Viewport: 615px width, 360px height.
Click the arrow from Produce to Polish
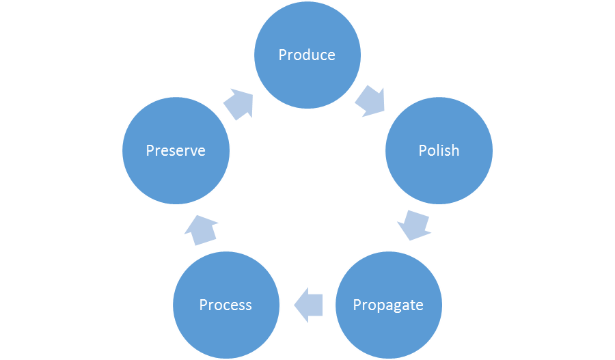click(x=371, y=100)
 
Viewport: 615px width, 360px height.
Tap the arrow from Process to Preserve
click(x=201, y=229)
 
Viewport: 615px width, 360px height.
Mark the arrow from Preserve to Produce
click(x=238, y=103)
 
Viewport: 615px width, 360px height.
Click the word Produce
click(x=307, y=55)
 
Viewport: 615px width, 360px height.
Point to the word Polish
click(x=439, y=150)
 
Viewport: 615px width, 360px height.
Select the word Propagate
click(x=388, y=305)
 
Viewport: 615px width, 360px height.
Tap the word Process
click(x=225, y=305)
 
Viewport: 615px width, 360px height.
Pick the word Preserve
click(x=176, y=150)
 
